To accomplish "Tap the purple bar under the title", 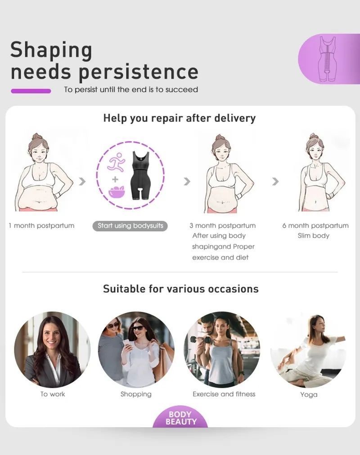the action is pyautogui.click(x=31, y=91).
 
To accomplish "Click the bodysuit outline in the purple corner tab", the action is pyautogui.click(x=328, y=58).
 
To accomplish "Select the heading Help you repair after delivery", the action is pyautogui.click(x=180, y=118).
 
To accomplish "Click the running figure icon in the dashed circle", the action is pyautogui.click(x=116, y=161).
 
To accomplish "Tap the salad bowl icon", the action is pyautogui.click(x=117, y=192).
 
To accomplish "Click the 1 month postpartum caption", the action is pyautogui.click(x=41, y=225).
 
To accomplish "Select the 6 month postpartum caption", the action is pyautogui.click(x=315, y=225).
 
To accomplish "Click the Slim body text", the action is pyautogui.click(x=314, y=236).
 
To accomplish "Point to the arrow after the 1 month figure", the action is pyautogui.click(x=83, y=181).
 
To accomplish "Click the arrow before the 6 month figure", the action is pyautogui.click(x=275, y=181).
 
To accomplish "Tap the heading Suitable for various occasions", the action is pyautogui.click(x=180, y=289).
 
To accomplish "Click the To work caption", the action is pyautogui.click(x=53, y=394).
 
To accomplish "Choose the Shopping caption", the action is pyautogui.click(x=136, y=394).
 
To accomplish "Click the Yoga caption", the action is pyautogui.click(x=309, y=395).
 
